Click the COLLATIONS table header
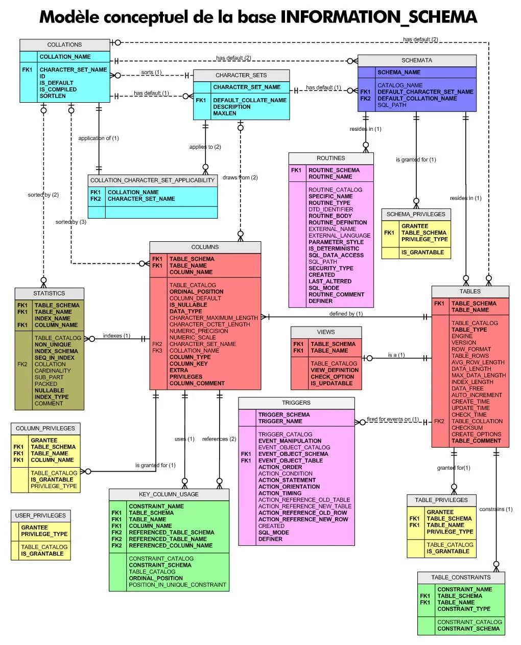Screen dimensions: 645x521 tap(64, 45)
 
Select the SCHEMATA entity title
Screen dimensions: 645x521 tap(416, 60)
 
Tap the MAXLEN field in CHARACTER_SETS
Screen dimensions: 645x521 tap(225, 113)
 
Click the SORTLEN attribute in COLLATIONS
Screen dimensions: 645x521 tap(53, 96)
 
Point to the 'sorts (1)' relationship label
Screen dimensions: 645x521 tap(151, 73)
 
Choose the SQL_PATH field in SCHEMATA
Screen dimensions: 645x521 tap(392, 105)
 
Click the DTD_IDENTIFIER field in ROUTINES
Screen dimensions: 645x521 tap(330, 210)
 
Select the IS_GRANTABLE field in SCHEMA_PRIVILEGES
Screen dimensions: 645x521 tap(422, 252)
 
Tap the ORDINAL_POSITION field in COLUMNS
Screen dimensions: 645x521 tap(196, 292)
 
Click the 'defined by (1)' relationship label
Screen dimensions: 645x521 tap(346, 314)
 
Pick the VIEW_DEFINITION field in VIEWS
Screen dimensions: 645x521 tap(335, 371)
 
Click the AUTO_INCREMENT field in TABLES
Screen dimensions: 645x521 tap(477, 395)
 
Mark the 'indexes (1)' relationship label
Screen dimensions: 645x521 tap(116, 336)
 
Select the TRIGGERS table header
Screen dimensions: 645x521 tap(296, 403)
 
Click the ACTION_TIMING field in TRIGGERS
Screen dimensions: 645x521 tap(279, 494)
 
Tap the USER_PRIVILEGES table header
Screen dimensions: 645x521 tap(40, 516)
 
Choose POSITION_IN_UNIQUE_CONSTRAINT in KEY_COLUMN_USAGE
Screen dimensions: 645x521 tap(177, 585)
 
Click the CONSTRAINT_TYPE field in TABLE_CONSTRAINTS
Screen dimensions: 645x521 tap(463, 609)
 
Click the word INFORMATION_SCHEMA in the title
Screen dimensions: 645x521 tap(378, 17)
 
